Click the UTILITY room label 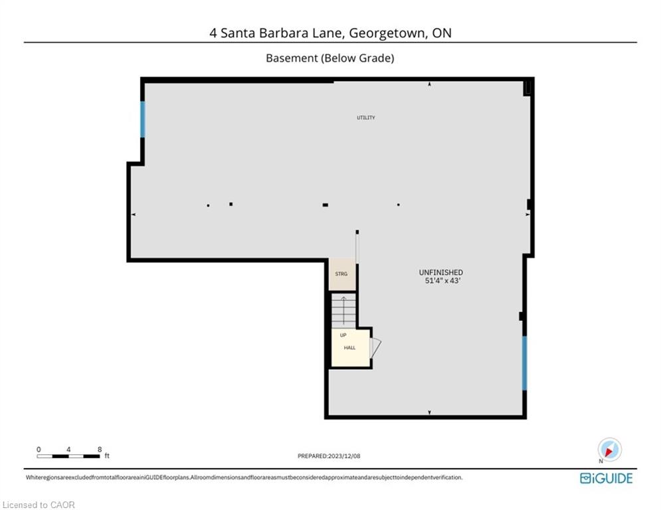(x=366, y=118)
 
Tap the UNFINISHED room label (x=440, y=272)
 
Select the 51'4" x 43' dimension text (x=442, y=280)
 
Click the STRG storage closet (x=342, y=274)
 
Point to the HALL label (x=349, y=348)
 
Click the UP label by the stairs (x=343, y=335)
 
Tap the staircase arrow (x=343, y=311)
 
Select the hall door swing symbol (x=375, y=348)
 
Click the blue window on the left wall (x=142, y=120)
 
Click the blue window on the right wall (x=524, y=363)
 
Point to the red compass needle (x=609, y=452)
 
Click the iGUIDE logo (x=607, y=478)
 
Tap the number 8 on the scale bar (x=100, y=450)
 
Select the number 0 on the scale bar (x=39, y=450)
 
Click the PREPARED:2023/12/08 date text (x=329, y=456)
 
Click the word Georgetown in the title (x=387, y=33)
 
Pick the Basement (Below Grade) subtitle (x=330, y=58)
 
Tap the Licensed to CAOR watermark (x=39, y=505)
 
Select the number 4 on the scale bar (x=68, y=450)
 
